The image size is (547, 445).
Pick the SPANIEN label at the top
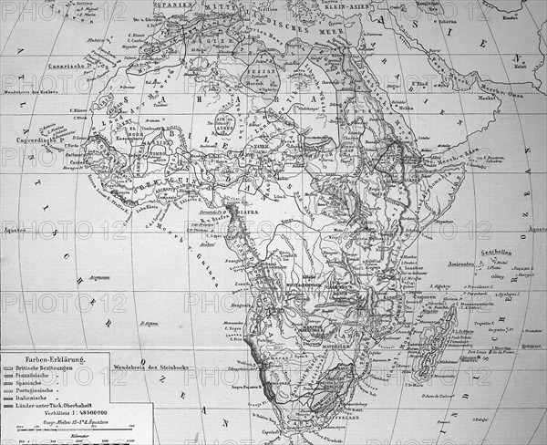point(160,5)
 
